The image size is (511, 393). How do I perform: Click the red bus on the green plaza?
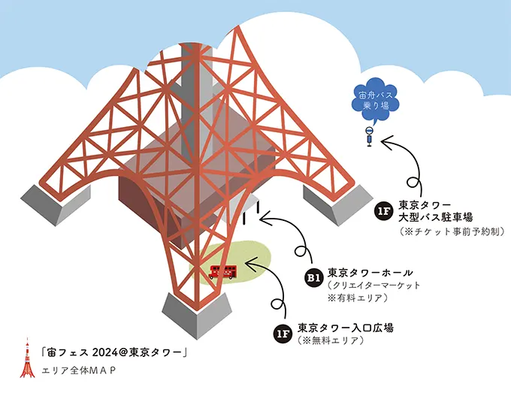[222, 272]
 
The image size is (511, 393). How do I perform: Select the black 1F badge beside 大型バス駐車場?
[383, 210]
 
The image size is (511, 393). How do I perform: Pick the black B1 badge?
[313, 279]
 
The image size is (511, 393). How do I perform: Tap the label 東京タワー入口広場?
[346, 328]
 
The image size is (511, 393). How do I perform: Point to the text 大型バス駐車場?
[435, 217]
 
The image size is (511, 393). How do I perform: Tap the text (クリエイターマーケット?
[373, 286]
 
